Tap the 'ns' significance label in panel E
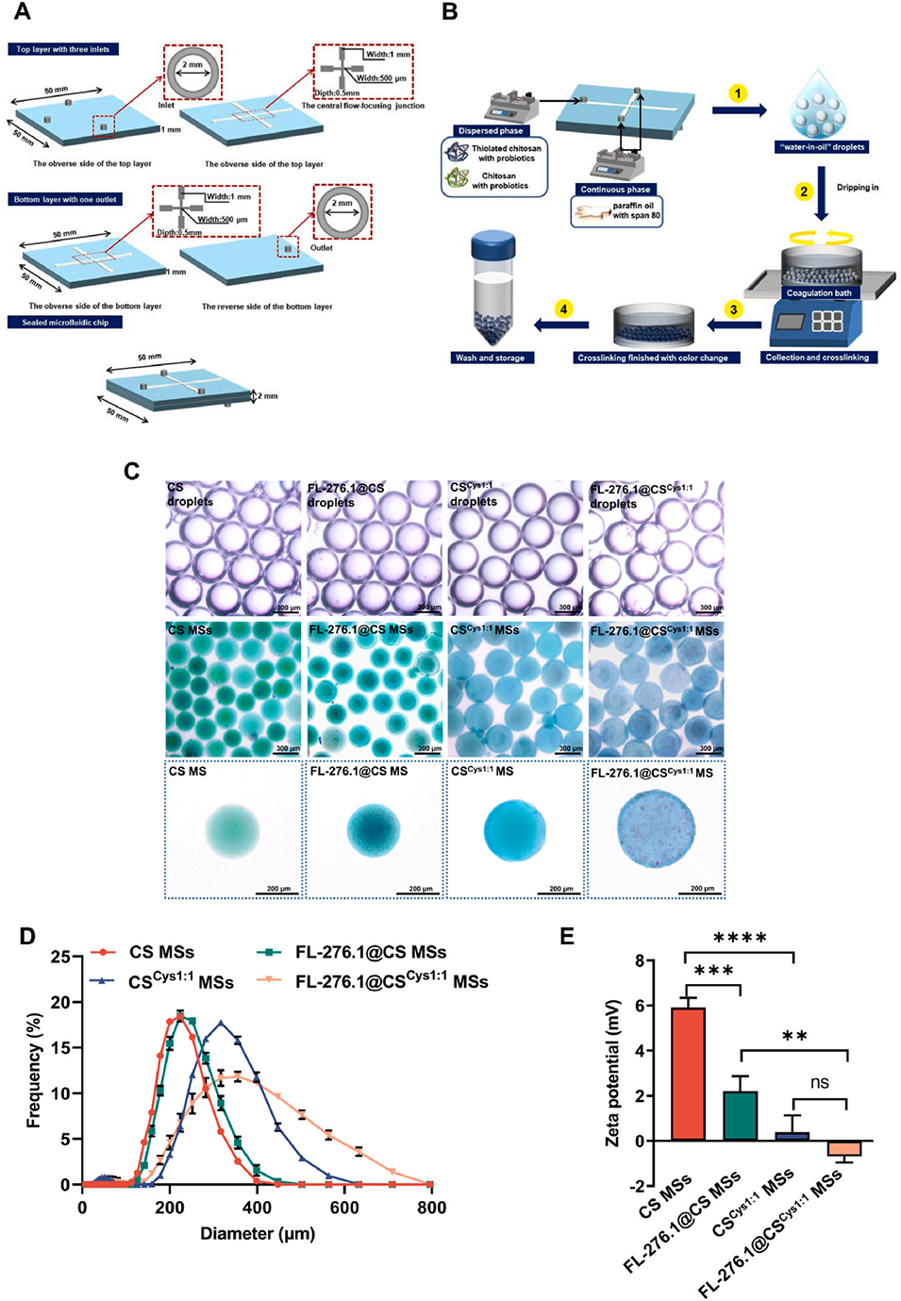pos(820,1082)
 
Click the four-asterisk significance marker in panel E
pos(740,938)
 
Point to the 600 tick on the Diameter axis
pos(344,1208)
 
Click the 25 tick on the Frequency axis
pos(61,957)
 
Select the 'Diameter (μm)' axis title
pos(258,1233)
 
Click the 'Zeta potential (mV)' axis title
pos(612,1073)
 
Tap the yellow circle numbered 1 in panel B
pos(738,93)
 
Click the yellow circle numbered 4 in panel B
pos(563,309)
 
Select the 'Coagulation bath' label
pos(819,293)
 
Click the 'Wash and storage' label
pos(490,358)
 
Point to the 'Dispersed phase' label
pos(491,131)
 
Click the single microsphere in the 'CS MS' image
pos(232,829)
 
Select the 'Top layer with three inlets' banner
pos(63,49)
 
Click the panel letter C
pos(132,471)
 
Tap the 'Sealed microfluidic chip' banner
pos(66,323)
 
